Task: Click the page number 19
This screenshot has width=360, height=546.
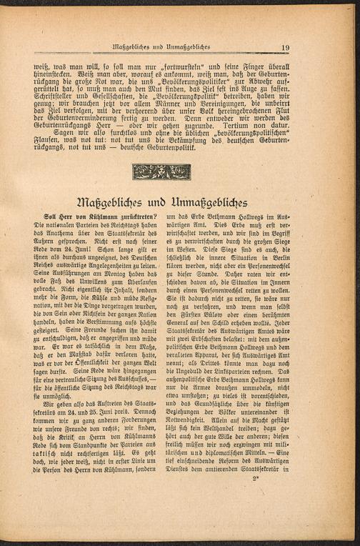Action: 285,48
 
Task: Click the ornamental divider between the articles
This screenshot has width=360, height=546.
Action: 161,172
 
